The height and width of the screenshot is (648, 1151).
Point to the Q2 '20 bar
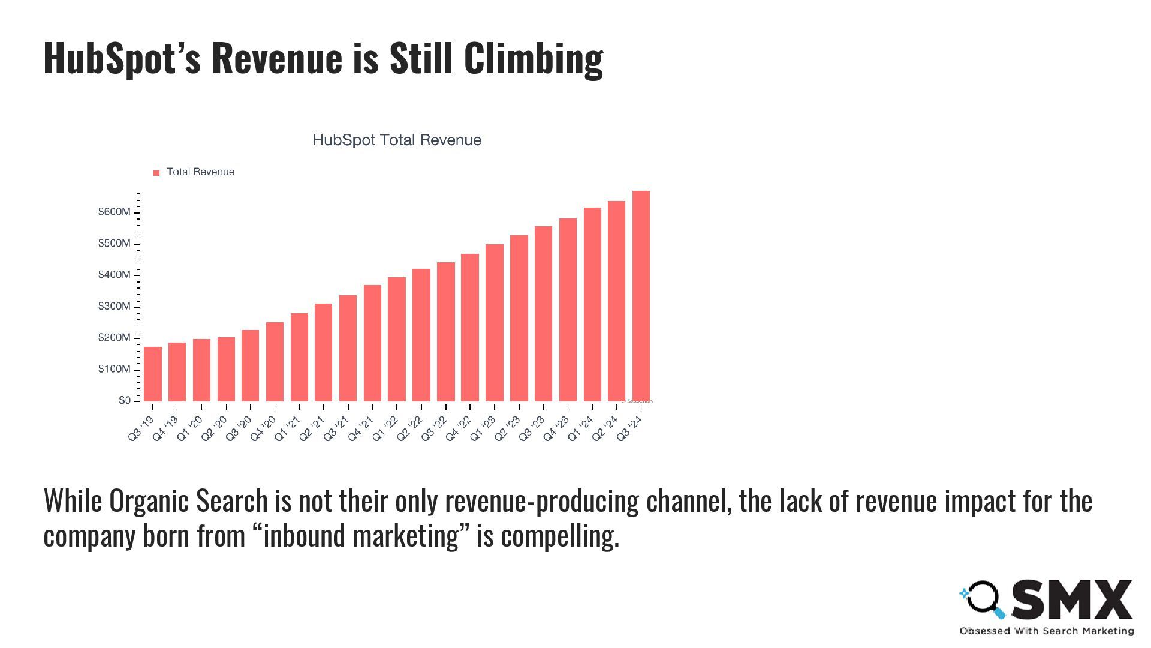pyautogui.click(x=226, y=369)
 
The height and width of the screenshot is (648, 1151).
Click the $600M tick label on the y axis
pyautogui.click(x=114, y=212)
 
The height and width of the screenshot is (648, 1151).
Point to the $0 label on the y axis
pyautogui.click(x=124, y=400)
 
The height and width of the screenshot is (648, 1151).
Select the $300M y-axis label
pyautogui.click(x=114, y=306)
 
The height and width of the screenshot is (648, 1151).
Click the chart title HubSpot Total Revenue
pyautogui.click(x=397, y=140)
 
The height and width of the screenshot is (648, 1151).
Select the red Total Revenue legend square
pyautogui.click(x=156, y=173)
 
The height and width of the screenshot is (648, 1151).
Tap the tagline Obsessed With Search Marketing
pyautogui.click(x=1046, y=631)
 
